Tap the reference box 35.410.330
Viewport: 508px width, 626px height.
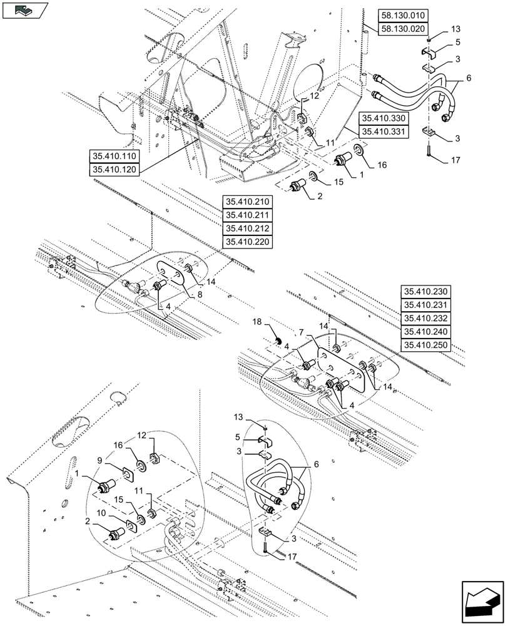click(x=384, y=118)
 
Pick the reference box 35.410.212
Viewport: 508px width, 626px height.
click(x=247, y=228)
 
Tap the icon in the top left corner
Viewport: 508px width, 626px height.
click(x=24, y=10)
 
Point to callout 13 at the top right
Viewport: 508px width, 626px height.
click(x=454, y=29)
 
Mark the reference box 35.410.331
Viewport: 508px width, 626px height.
click(x=384, y=131)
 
